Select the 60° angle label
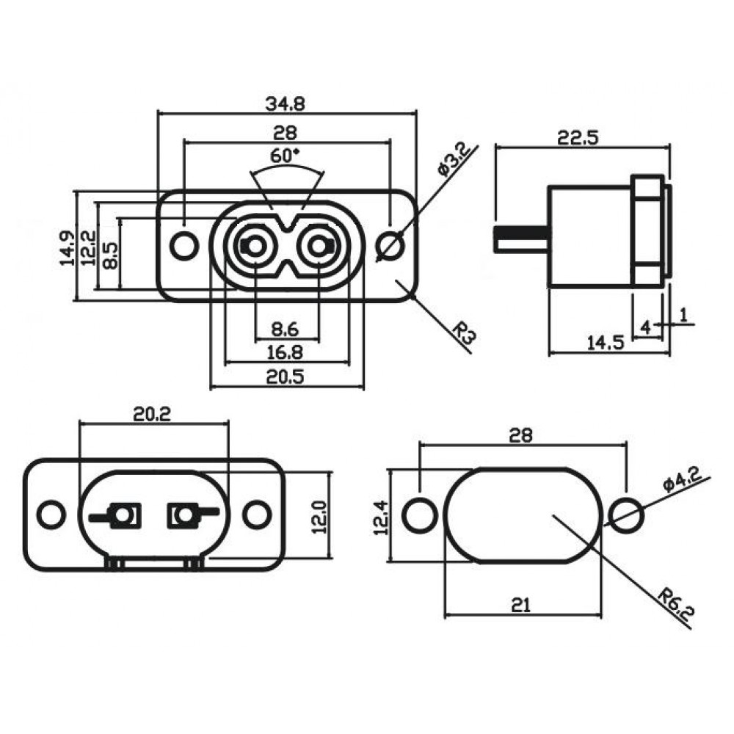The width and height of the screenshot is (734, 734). click(286, 156)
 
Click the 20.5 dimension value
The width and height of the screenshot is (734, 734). click(286, 377)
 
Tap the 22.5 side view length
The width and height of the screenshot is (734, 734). click(578, 137)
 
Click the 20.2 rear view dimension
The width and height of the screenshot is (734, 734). click(152, 414)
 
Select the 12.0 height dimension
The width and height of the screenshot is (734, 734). click(319, 517)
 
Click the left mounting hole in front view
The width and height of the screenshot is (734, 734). click(183, 246)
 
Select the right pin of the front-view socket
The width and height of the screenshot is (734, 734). click(318, 247)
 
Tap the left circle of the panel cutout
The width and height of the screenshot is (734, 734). click(419, 515)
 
